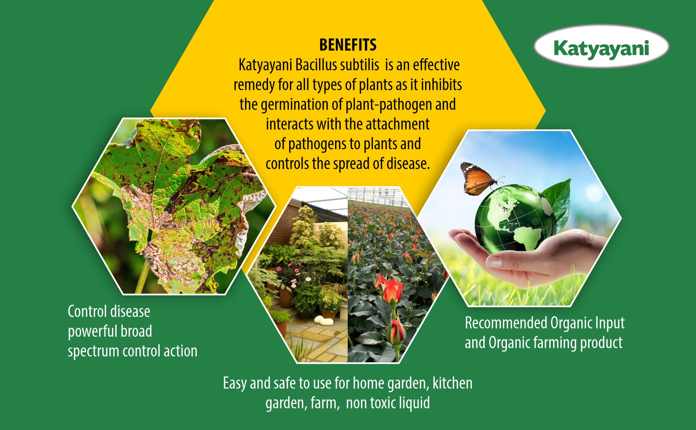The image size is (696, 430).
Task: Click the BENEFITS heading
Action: click(x=348, y=45)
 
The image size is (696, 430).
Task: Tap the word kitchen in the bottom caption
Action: click(x=452, y=383)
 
